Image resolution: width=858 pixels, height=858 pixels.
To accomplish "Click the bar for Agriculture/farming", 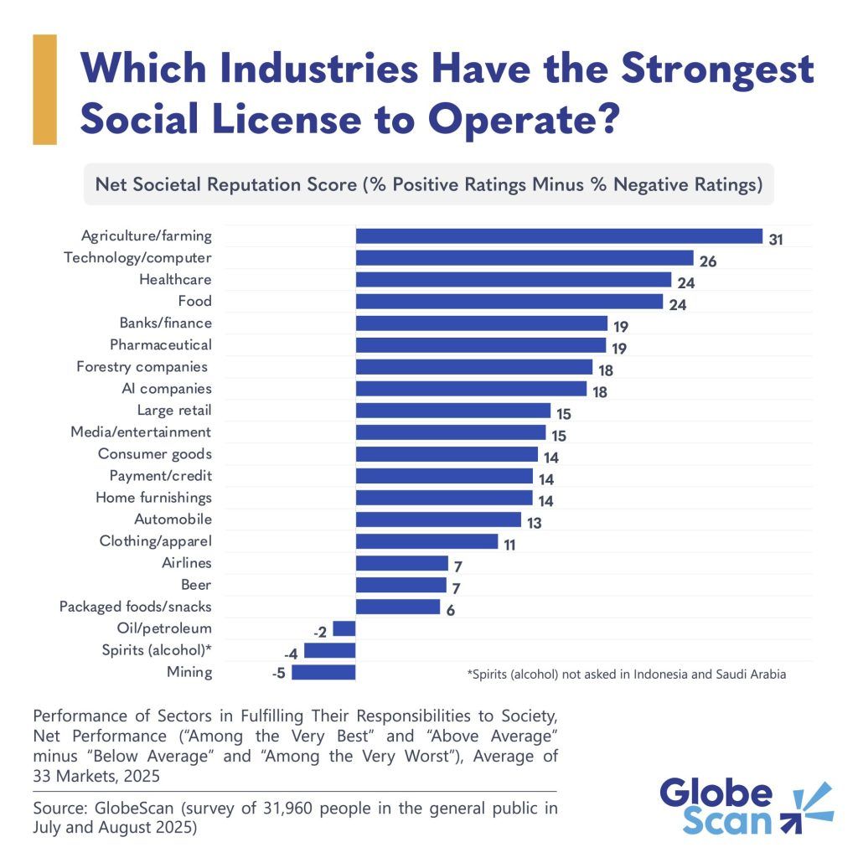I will [559, 236].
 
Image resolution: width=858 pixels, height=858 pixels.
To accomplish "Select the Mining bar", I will [323, 672].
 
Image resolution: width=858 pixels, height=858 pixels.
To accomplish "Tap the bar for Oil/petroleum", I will [344, 628].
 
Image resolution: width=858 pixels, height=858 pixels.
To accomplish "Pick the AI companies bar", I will [471, 389].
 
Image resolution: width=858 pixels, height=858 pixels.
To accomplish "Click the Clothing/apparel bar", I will [426, 541].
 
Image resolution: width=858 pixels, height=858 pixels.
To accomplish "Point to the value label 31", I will [777, 240].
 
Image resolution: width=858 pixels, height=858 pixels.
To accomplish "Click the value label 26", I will [708, 261].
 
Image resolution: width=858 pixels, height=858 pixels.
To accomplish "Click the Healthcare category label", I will [175, 280].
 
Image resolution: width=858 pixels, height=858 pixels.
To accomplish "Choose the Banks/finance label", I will [166, 323].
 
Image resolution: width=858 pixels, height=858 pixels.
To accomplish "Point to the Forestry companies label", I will [142, 367].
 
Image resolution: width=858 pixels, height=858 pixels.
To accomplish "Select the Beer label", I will [196, 585].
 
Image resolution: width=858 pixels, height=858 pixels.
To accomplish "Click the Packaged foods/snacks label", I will [136, 607].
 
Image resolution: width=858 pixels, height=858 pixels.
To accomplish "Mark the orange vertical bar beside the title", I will [44, 89].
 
